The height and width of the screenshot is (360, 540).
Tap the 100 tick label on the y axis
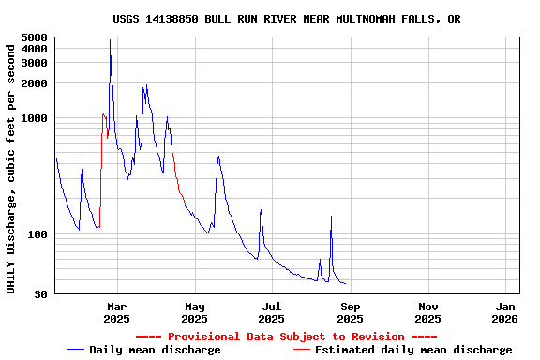coord(37,234)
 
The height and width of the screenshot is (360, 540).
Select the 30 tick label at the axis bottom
coord(40,294)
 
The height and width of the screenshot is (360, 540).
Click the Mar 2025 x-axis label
coord(116,312)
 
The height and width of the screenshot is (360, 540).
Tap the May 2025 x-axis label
coord(194,312)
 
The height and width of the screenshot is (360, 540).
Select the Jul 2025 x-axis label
coord(272,312)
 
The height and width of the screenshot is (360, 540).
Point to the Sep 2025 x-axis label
coord(350,312)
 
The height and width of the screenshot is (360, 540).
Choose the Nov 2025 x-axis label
coord(427,312)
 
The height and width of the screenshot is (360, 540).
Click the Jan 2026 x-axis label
coord(505,312)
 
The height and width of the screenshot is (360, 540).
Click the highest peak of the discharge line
coord(110,39)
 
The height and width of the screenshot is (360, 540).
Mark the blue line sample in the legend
coord(76,350)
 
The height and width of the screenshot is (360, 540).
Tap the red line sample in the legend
coord(302,350)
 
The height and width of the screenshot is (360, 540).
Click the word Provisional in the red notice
coord(204,337)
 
